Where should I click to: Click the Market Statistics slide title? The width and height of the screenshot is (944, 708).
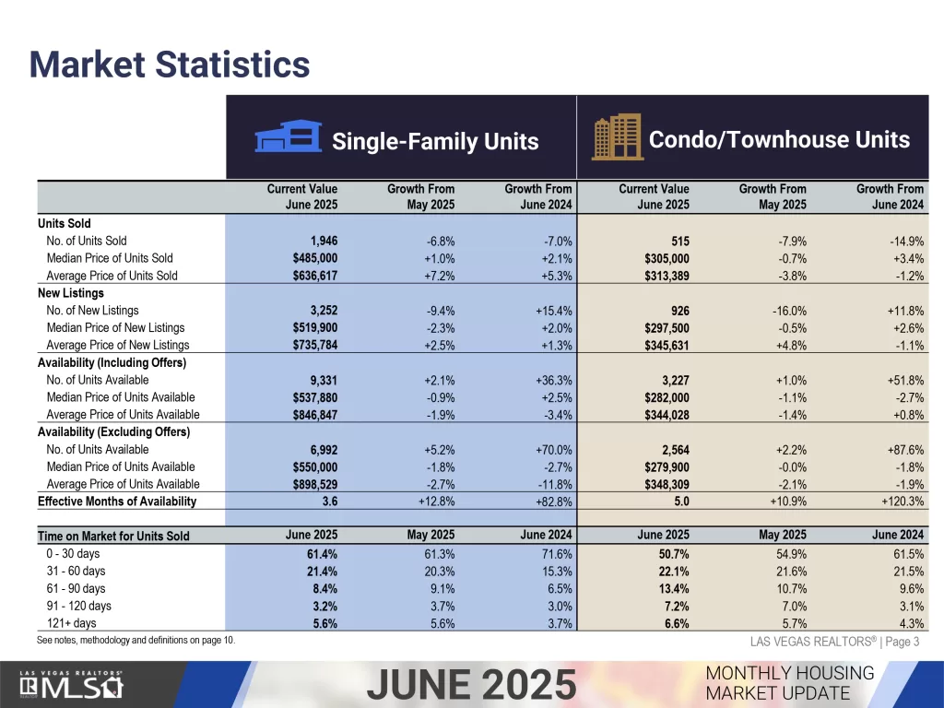169,65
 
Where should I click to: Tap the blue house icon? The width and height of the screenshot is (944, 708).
286,139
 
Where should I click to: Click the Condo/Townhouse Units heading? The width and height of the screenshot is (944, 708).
779,140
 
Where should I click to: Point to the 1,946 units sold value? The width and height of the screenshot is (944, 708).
318,241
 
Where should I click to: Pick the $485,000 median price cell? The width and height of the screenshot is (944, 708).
315,258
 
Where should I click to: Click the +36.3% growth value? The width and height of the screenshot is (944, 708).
553,380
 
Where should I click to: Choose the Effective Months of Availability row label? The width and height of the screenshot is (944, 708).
117,501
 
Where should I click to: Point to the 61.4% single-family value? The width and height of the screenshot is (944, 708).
322,554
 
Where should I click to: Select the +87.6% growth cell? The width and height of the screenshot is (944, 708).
903,450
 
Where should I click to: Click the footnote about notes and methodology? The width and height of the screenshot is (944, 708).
136,641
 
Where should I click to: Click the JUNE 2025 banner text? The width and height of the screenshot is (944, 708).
471,685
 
